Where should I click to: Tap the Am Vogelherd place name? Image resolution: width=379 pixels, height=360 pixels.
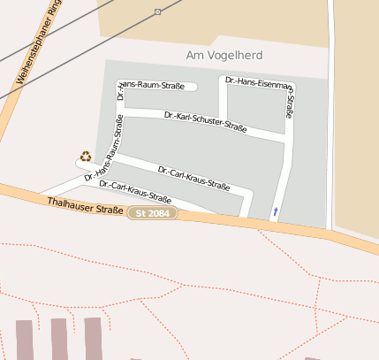pyautogui.click(x=224, y=56)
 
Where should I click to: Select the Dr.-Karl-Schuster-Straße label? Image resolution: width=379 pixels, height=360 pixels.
pyautogui.click(x=205, y=122)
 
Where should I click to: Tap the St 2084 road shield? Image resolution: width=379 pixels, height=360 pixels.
pyautogui.click(x=152, y=213)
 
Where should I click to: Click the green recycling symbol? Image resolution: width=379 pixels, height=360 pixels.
pyautogui.click(x=86, y=157)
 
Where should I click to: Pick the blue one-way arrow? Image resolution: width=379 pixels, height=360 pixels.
pyautogui.click(x=275, y=211)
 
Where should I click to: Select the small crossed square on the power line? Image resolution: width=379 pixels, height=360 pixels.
pyautogui.click(x=157, y=11)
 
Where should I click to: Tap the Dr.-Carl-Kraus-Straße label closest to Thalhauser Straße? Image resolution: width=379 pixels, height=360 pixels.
pyautogui.click(x=134, y=192)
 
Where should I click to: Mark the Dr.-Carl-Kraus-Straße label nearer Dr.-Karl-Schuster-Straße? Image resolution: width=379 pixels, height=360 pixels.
pyautogui.click(x=193, y=177)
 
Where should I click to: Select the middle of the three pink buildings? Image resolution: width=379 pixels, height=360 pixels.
pyautogui.click(x=59, y=339)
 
